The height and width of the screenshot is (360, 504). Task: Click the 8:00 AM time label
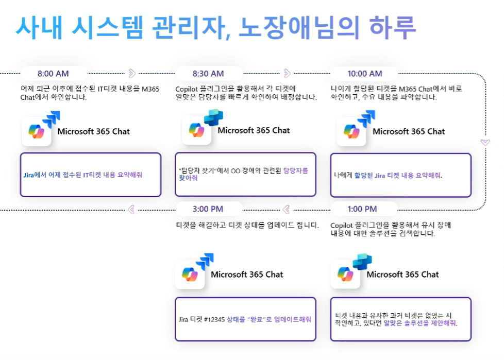pos(53,74)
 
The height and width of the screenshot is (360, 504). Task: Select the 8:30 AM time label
pos(208,74)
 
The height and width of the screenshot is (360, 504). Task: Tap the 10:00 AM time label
pos(364,74)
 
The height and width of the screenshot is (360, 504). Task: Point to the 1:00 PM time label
pos(362,209)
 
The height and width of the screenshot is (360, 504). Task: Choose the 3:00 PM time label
pos(208,209)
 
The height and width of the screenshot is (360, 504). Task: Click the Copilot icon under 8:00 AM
pos(37,132)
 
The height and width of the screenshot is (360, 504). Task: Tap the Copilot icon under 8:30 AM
pos(197,130)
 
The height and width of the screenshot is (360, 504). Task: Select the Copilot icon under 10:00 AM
pos(351,131)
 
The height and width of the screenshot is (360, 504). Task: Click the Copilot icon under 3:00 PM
pos(190,275)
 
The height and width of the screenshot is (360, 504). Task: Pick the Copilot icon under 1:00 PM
pos(345,275)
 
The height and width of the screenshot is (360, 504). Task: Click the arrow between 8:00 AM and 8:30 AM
pos(132,73)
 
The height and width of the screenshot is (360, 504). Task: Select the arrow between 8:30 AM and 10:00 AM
pos(288,73)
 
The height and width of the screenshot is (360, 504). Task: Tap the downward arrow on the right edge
pos(484,142)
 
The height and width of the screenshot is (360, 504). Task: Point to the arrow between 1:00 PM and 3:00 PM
pos(287,209)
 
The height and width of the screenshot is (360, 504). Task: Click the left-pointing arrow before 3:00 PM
pos(131,209)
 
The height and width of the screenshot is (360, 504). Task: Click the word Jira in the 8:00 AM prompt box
pos(29,175)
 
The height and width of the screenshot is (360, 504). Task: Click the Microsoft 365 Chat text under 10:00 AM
pos(409,131)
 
